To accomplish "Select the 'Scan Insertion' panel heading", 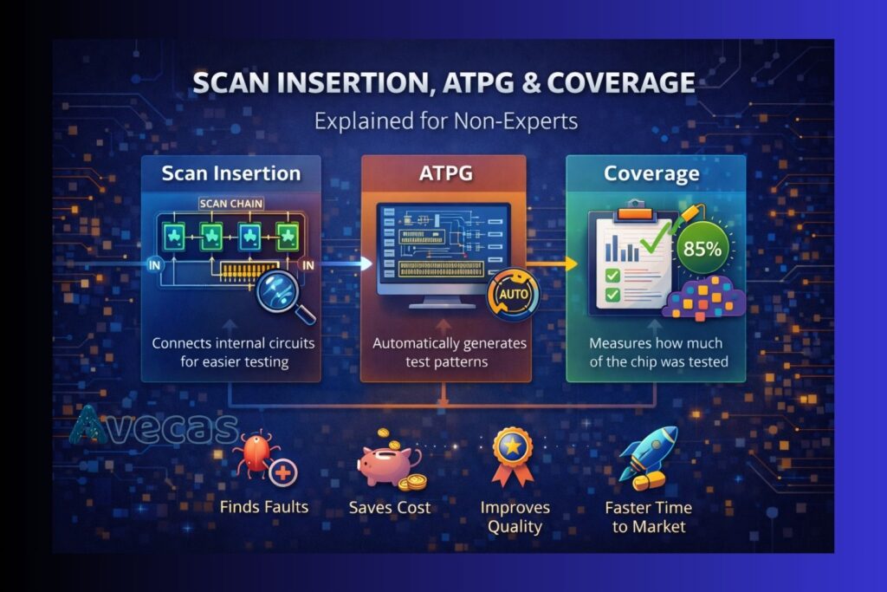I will coord(231,173).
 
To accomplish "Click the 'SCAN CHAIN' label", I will coord(231,205).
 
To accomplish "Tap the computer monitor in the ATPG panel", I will coord(442,251).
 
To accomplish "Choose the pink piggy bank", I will coord(387,464).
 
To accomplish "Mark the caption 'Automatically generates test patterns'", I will coord(450,352).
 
